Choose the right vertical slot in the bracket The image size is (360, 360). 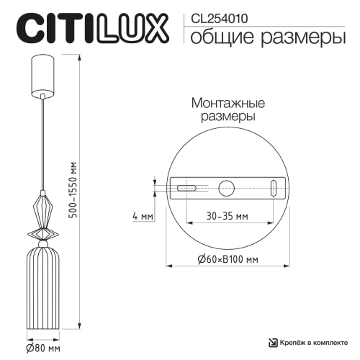tap(274, 188)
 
